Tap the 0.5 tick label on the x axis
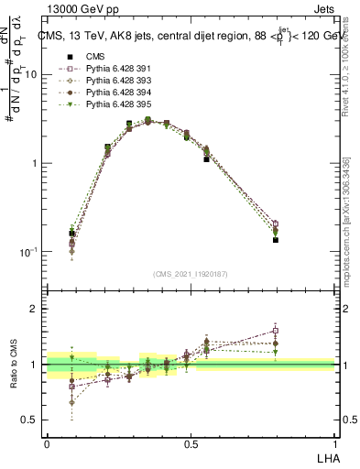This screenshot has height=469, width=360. tap(190, 442)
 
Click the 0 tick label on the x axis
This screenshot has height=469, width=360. tap(47, 442)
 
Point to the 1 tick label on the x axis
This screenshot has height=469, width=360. tap(334, 442)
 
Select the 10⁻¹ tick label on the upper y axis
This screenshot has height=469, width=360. tap(30, 251)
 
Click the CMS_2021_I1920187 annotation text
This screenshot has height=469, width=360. tap(190, 274)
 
